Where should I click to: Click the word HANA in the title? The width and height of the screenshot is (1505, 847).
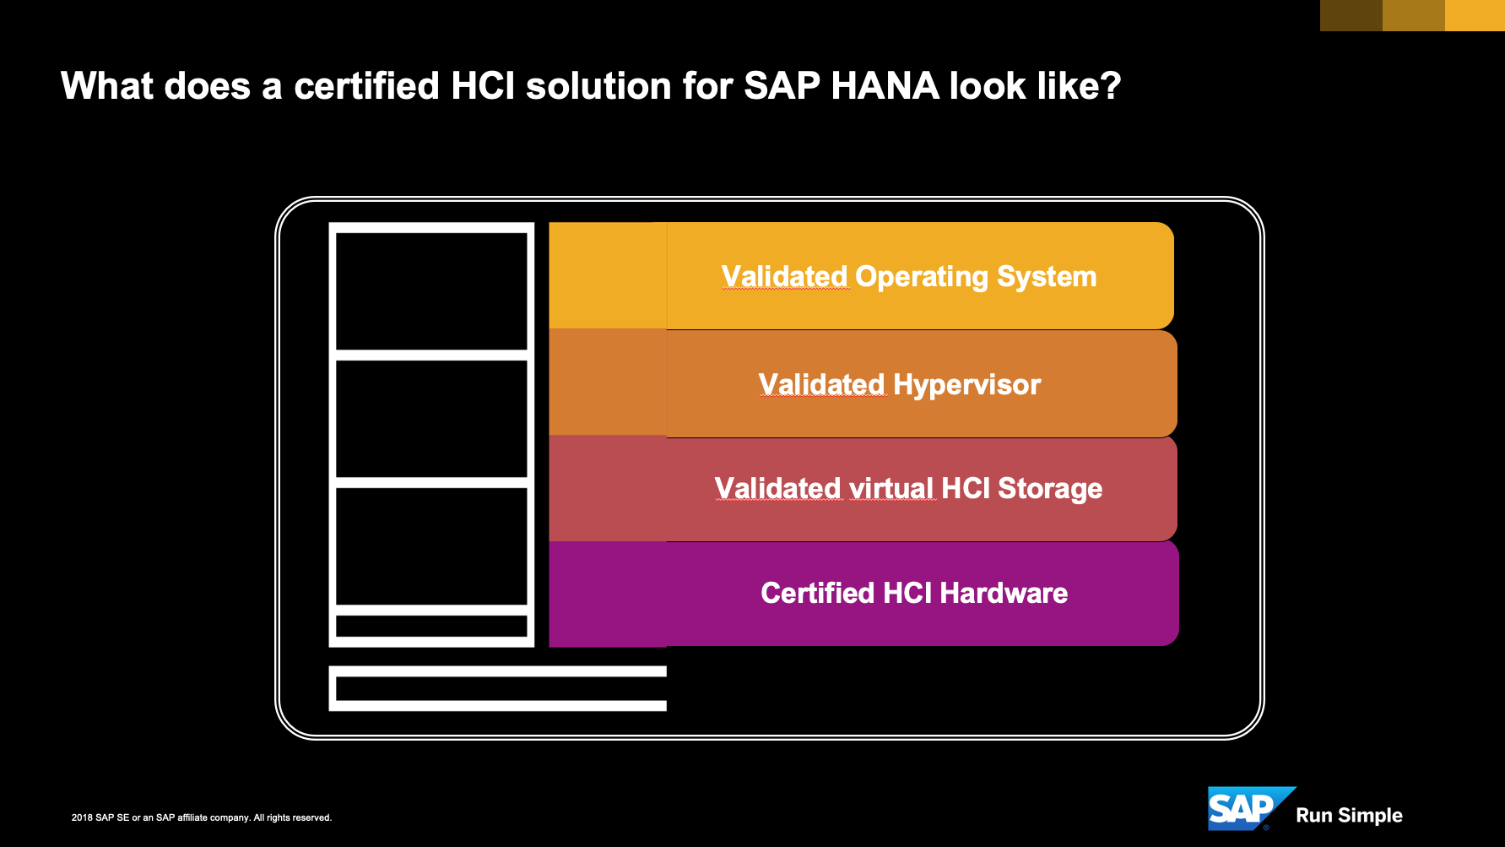click(x=885, y=86)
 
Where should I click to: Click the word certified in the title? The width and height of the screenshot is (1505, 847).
click(x=366, y=86)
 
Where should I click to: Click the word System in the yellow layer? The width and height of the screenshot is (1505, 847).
click(x=1047, y=278)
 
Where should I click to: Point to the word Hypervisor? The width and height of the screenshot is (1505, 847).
click(x=966, y=386)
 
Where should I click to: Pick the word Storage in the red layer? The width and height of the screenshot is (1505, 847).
click(x=1050, y=488)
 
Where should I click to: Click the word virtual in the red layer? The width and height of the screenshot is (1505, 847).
click(x=891, y=488)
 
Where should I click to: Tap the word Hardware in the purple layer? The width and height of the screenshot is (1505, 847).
click(x=1004, y=593)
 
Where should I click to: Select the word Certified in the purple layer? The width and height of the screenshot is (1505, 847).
click(x=818, y=593)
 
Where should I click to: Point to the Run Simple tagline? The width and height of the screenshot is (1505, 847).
click(x=1349, y=816)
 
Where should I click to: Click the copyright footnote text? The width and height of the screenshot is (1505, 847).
click(x=202, y=817)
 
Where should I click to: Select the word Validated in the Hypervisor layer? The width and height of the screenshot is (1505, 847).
click(x=821, y=385)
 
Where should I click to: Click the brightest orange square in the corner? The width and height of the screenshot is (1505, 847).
click(x=1475, y=15)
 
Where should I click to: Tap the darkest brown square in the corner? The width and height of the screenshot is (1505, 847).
click(x=1351, y=15)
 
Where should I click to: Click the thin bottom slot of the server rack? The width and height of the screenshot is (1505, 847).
click(x=431, y=626)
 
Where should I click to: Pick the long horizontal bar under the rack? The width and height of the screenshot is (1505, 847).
click(x=497, y=688)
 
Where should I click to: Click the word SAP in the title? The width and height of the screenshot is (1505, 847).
click(x=782, y=86)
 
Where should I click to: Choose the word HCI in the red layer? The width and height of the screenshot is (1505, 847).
click(x=966, y=488)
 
